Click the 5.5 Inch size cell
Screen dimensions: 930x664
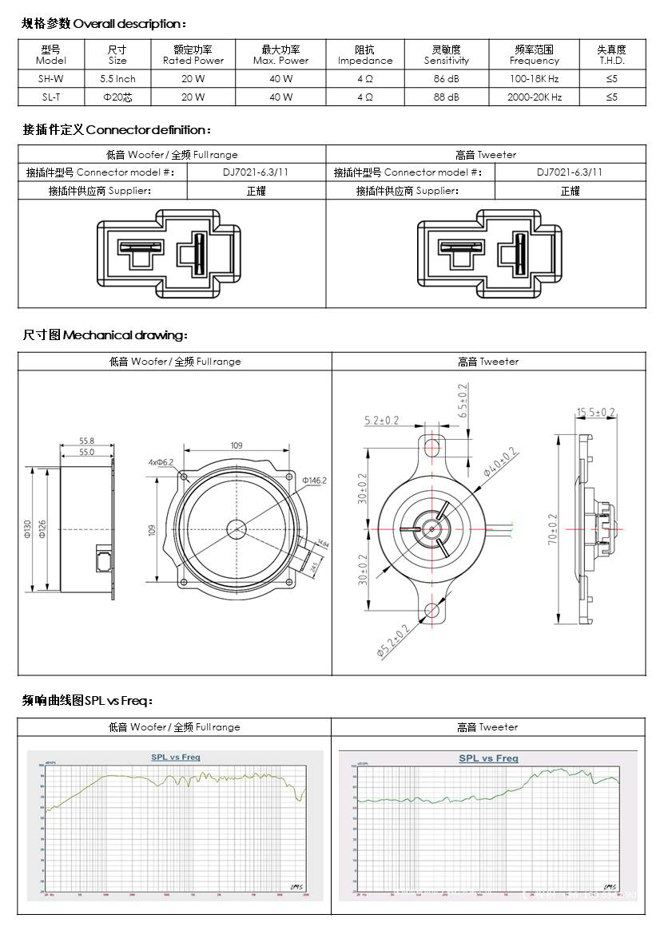click(117, 79)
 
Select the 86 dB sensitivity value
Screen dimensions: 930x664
click(446, 79)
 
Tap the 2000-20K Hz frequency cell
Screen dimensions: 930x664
click(535, 97)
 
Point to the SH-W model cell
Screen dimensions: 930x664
click(51, 79)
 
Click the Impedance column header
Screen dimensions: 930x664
click(365, 55)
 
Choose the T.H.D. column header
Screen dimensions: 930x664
click(611, 55)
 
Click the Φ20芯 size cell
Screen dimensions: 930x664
click(117, 97)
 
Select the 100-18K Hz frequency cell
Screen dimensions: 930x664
click(535, 79)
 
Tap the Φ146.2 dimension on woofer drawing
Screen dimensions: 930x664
click(314, 481)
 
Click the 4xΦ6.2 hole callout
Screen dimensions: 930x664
click(160, 462)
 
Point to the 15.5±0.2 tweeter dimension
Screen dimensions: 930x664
click(595, 413)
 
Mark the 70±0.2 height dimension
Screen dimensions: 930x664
click(551, 528)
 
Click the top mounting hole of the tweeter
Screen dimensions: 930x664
click(432, 445)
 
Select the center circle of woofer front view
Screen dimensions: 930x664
click(237, 528)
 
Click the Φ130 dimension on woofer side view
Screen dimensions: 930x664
click(27, 528)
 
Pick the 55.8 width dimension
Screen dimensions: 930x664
click(86, 441)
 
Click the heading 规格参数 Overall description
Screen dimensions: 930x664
click(104, 24)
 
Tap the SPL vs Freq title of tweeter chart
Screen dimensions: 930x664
click(487, 758)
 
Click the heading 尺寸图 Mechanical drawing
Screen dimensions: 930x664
click(105, 335)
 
